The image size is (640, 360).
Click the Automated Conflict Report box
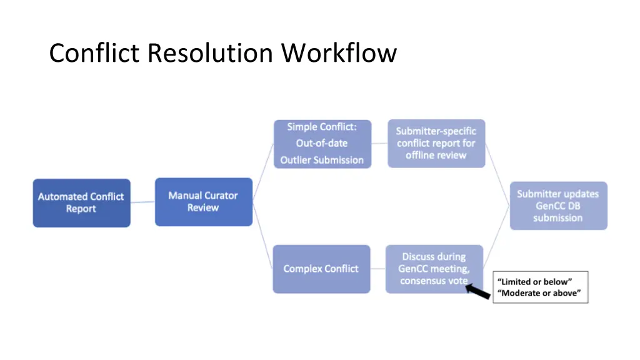coord(81,202)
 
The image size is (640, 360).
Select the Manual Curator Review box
coord(203,202)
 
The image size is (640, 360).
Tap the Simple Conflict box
coord(322,144)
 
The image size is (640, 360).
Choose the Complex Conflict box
coord(321,269)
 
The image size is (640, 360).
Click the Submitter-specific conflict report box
coord(436,143)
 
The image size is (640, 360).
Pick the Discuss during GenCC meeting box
coord(434,269)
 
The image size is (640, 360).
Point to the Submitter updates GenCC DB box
coord(558,206)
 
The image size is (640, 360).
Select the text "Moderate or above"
coord(539,293)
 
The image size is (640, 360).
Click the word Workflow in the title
coord(338,53)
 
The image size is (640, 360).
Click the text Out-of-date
coord(322,143)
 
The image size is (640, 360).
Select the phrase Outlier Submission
coord(322,160)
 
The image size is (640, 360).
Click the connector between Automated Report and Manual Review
coord(142,202)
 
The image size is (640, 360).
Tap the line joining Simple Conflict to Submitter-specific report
coord(379,144)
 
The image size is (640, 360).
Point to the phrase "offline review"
coord(436,155)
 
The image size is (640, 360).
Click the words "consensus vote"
coord(433,281)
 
